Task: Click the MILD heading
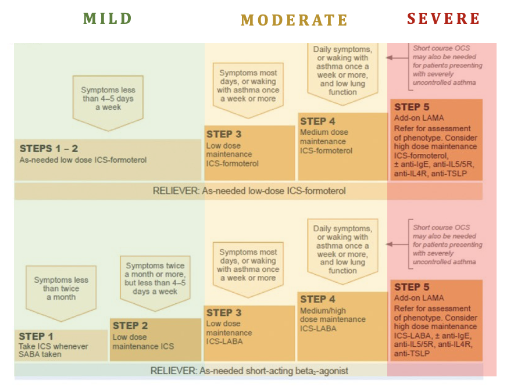pyautogui.click(x=108, y=19)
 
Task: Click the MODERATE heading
pyautogui.click(x=294, y=20)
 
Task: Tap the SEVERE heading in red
pyautogui.click(x=443, y=19)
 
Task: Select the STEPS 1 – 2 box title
pyautogui.click(x=49, y=149)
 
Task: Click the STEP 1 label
pyautogui.click(x=36, y=336)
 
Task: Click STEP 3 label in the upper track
pyautogui.click(x=224, y=134)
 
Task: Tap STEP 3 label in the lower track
pyautogui.click(x=224, y=313)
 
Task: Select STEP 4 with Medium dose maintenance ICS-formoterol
pyautogui.click(x=317, y=121)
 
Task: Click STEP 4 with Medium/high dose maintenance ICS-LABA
pyautogui.click(x=317, y=299)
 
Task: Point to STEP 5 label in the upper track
pyautogui.click(x=412, y=107)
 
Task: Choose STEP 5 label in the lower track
pyautogui.click(x=412, y=287)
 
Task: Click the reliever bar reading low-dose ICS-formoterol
pyautogui.click(x=249, y=191)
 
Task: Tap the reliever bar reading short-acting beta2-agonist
pyautogui.click(x=249, y=370)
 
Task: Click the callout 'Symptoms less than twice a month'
pyautogui.click(x=61, y=289)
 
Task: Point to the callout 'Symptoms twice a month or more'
pyautogui.click(x=155, y=278)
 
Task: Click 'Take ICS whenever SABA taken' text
pyautogui.click(x=53, y=350)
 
